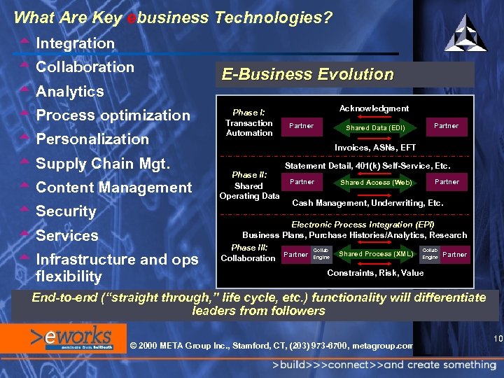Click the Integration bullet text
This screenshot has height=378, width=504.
(x=75, y=43)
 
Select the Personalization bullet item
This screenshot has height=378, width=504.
(x=92, y=139)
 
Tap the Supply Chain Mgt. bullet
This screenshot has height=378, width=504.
(x=103, y=163)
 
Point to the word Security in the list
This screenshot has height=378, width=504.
(x=66, y=211)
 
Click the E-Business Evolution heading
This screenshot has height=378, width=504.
(x=307, y=74)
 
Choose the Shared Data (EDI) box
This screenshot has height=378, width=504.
(x=376, y=127)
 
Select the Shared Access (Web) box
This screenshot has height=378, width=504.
(x=376, y=183)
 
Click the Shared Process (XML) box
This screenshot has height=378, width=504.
(x=375, y=254)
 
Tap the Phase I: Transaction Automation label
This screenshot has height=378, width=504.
(x=249, y=122)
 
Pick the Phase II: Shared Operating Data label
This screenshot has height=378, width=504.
(x=249, y=185)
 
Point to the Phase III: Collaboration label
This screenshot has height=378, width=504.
(x=248, y=253)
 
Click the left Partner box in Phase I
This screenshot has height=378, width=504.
(x=302, y=127)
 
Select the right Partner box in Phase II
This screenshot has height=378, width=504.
(x=447, y=182)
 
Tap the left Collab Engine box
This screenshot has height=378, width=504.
(x=321, y=254)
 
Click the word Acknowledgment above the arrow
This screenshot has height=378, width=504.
(x=374, y=108)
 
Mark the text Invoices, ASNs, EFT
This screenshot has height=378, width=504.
(x=375, y=148)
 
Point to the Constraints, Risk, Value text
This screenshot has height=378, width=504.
(x=375, y=273)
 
